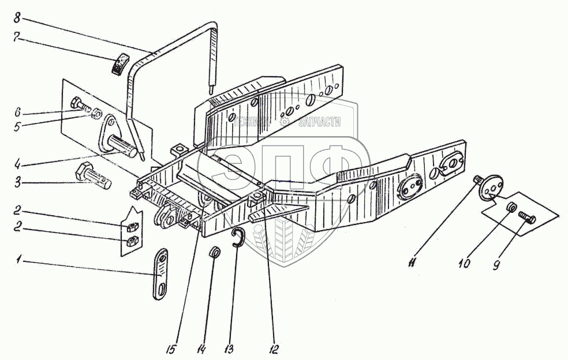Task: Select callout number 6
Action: pyautogui.click(x=17, y=111)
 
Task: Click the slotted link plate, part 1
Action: pyautogui.click(x=160, y=274)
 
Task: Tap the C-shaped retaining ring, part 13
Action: pyautogui.click(x=238, y=238)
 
